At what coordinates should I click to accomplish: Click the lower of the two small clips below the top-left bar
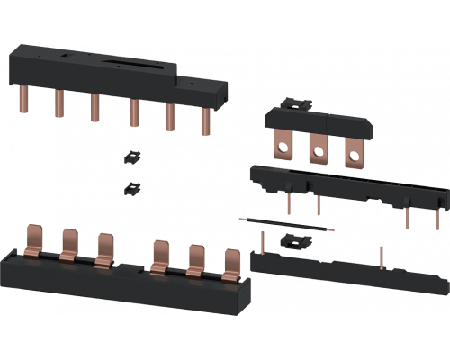(x=131, y=189)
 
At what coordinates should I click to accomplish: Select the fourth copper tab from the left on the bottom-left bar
(x=160, y=253)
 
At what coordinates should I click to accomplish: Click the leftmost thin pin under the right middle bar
(x=288, y=203)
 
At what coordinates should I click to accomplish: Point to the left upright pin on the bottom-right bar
(x=262, y=241)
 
